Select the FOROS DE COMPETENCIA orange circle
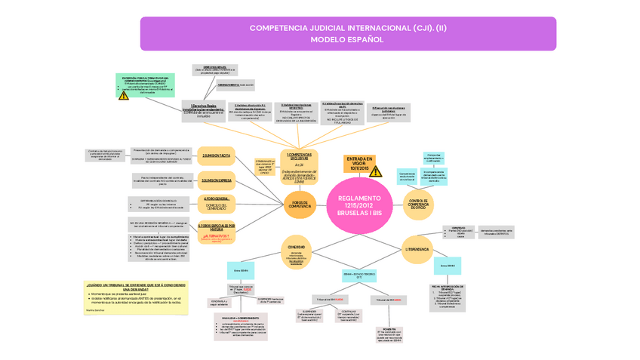[x=300, y=205]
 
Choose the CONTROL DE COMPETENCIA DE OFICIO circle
[x=417, y=205]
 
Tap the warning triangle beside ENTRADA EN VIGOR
[x=375, y=171]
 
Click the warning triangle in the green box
[x=124, y=95]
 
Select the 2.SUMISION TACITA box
[x=216, y=155]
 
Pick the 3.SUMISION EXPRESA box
[x=216, y=180]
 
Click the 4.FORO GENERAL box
[x=217, y=202]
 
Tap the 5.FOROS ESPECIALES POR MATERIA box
[x=217, y=231]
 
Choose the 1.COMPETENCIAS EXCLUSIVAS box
[x=300, y=167]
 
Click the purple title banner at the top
[x=348, y=33]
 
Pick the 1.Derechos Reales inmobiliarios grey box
[x=202, y=111]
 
